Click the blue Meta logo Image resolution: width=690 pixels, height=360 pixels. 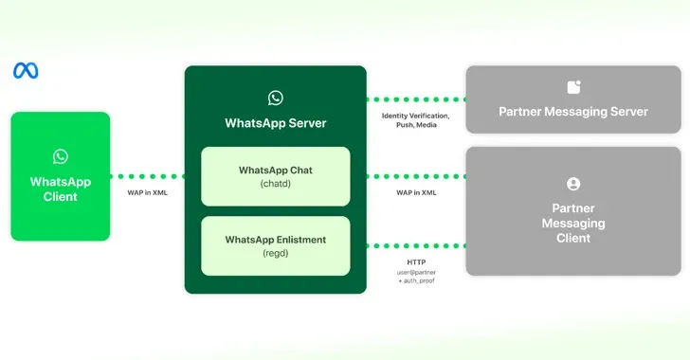(x=26, y=71)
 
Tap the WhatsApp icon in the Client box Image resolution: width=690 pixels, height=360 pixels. (x=61, y=156)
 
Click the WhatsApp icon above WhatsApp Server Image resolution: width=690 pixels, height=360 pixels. (x=276, y=98)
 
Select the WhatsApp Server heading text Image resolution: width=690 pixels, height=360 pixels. (x=276, y=123)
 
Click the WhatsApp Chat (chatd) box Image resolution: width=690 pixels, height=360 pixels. (x=276, y=176)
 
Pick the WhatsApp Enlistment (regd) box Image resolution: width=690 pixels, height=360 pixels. (x=276, y=246)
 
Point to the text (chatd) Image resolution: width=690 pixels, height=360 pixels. (x=276, y=184)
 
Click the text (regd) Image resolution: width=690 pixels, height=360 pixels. (x=276, y=254)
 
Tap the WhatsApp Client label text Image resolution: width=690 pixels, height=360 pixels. (x=61, y=189)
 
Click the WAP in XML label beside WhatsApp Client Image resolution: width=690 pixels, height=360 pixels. (x=148, y=193)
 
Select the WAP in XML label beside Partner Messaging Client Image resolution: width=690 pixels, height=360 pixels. (x=416, y=193)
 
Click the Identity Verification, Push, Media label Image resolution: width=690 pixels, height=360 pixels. (x=416, y=120)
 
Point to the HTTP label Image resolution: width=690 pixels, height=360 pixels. (x=416, y=262)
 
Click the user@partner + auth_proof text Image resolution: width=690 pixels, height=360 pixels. (x=416, y=278)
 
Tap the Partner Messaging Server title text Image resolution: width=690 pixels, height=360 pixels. (x=573, y=112)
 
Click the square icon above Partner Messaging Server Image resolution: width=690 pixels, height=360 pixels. (x=573, y=87)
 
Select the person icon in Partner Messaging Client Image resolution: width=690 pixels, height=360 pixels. (x=573, y=185)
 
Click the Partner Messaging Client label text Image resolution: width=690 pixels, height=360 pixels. (x=573, y=223)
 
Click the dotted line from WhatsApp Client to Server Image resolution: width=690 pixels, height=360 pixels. (x=147, y=176)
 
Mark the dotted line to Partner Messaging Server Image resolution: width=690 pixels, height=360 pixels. (x=416, y=99)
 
